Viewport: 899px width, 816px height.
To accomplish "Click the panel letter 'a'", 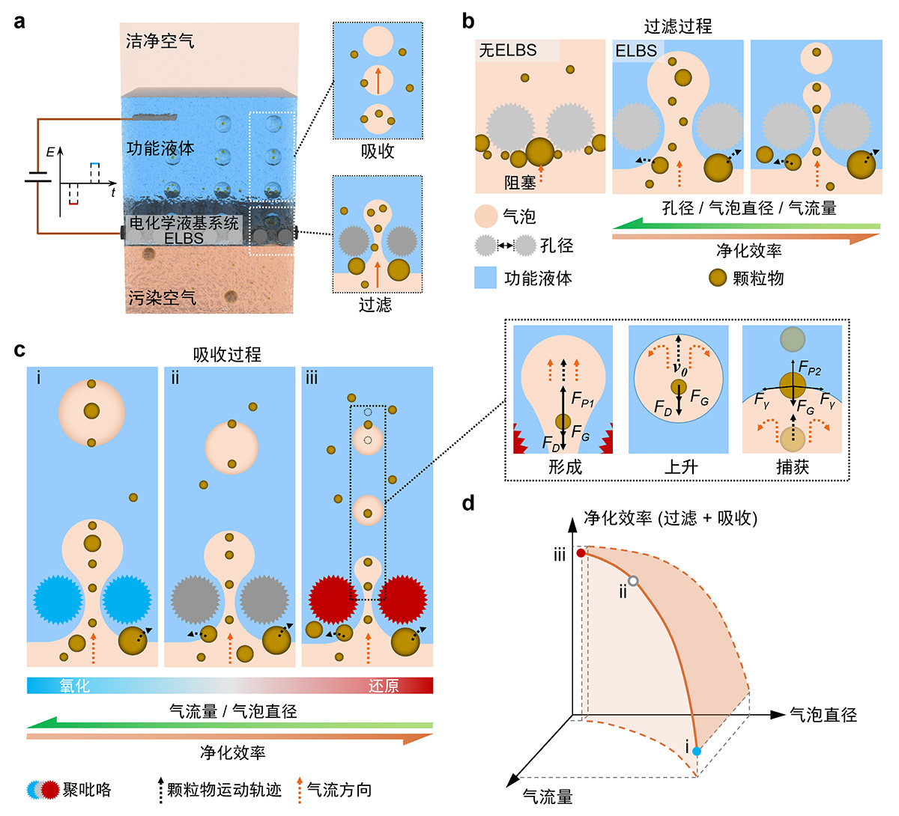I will [19, 21].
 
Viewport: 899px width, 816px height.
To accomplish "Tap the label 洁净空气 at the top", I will [160, 40].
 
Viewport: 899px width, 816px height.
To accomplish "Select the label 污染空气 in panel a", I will [162, 297].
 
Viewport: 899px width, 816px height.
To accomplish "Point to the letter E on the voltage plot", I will [50, 152].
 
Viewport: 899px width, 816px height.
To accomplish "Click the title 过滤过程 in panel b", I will [677, 26].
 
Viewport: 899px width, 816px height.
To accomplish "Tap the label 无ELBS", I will [508, 50].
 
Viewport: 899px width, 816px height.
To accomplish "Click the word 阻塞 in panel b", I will [520, 183].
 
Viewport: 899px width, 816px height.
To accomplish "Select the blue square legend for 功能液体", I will [486, 278].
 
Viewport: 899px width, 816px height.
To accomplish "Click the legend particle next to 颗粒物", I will [718, 278].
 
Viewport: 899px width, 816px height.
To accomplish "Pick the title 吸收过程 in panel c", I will [227, 354].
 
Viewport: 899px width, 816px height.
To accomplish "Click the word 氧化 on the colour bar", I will [75, 686].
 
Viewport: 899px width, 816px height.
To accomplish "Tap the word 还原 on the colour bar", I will [384, 686].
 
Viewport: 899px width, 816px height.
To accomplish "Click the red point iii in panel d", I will [581, 553].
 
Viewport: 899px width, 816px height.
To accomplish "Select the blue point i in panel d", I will [697, 751].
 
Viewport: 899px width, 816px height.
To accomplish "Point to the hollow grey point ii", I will [634, 581].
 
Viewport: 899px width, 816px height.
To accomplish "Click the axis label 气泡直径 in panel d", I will [823, 715].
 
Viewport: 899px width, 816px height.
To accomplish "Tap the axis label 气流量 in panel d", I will [547, 797].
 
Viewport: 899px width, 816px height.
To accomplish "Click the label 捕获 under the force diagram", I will [792, 467].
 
